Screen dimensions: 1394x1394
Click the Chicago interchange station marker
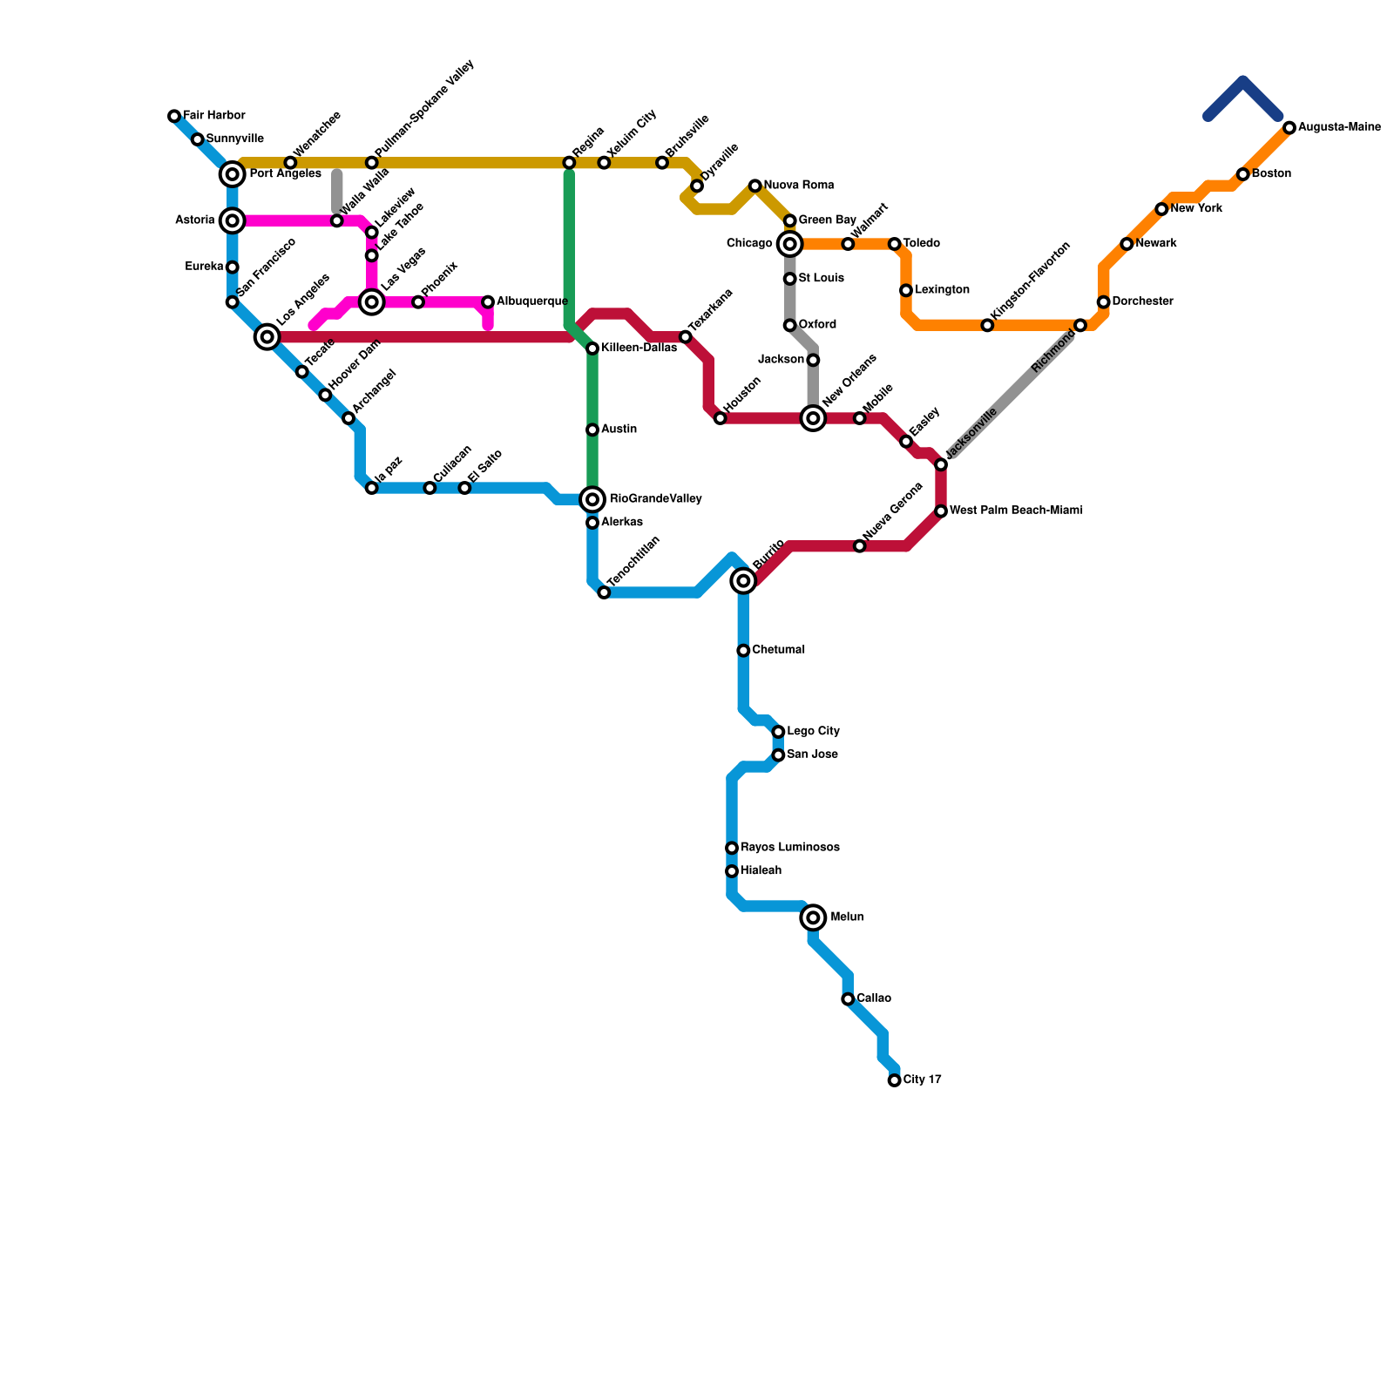789,244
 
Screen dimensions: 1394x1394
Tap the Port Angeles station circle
233,174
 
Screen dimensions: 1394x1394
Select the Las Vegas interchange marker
372,302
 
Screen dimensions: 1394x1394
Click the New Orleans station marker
813,418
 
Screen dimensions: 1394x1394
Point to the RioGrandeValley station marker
592,499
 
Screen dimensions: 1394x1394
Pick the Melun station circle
813,917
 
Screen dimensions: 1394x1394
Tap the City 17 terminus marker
894,1080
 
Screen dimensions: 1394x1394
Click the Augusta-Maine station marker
1289,128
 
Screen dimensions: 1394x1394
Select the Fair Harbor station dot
174,116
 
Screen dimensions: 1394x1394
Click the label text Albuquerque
531,301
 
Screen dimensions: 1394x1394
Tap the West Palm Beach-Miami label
1016,511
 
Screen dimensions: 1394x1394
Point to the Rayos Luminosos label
789,848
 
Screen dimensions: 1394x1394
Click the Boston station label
1271,174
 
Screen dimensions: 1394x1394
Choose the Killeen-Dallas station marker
592,348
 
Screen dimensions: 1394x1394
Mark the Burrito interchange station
743,580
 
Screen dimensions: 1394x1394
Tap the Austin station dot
592,430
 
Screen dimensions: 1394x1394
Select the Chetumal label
778,650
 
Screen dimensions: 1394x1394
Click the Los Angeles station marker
267,337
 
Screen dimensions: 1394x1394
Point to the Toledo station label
921,243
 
